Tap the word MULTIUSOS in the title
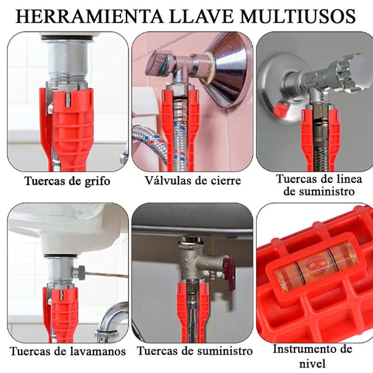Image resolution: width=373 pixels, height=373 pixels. click(x=297, y=17)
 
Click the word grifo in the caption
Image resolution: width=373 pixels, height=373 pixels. click(x=97, y=181)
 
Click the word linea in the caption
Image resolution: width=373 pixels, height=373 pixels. click(x=349, y=179)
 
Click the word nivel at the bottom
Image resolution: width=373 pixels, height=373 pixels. click(x=312, y=364)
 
